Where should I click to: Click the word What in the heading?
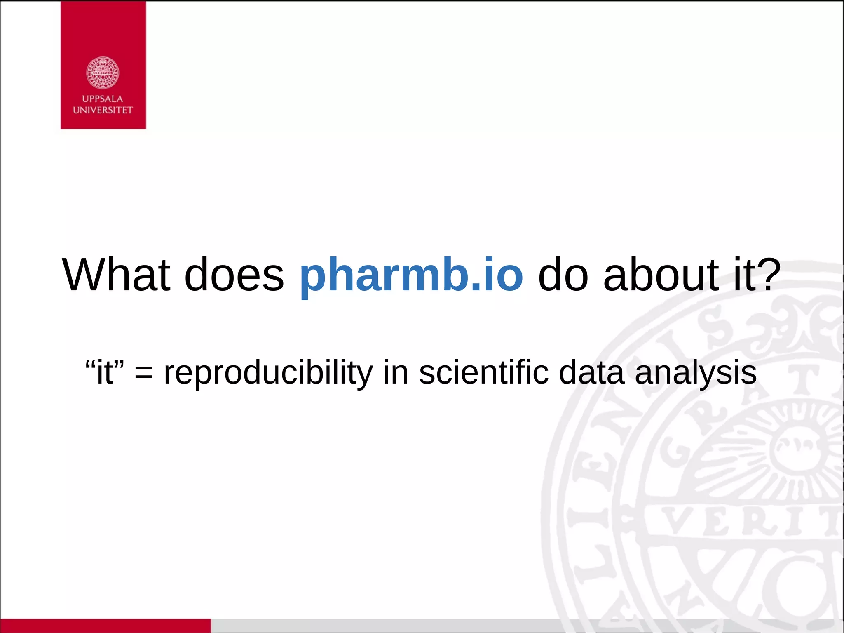(x=116, y=275)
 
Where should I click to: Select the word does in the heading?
(x=234, y=275)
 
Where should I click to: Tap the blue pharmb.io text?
(x=411, y=275)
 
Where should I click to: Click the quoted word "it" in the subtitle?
(x=105, y=372)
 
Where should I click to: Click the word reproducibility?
(x=268, y=372)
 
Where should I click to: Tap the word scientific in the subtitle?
(x=484, y=372)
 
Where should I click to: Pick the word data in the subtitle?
(x=591, y=372)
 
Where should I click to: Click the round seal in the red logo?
(x=103, y=73)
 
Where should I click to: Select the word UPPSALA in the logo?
(x=103, y=99)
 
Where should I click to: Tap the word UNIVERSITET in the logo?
(x=103, y=110)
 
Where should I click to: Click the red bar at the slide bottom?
(x=105, y=626)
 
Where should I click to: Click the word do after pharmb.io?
(x=563, y=275)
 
